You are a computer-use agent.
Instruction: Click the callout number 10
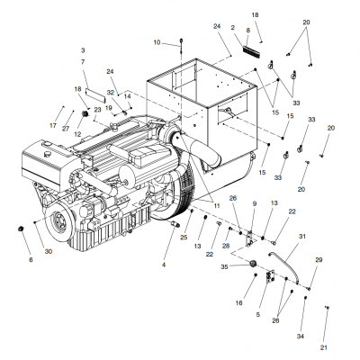157,42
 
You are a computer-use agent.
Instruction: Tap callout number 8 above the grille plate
247,31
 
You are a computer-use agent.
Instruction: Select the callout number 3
82,49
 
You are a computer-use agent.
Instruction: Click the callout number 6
30,260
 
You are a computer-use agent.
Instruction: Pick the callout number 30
49,251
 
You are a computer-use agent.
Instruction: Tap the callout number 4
164,265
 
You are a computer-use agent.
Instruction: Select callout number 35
237,266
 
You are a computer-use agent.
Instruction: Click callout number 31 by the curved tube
301,237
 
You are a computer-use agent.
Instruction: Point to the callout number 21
324,347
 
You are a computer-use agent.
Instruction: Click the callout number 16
240,303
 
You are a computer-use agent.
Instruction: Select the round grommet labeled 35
254,262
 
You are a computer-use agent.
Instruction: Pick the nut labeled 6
19,231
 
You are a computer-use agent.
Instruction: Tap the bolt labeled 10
181,41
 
